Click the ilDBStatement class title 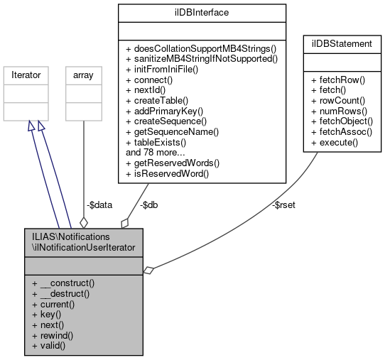tap(343, 43)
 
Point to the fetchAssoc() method tap(341, 131)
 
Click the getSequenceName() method tap(176, 131)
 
